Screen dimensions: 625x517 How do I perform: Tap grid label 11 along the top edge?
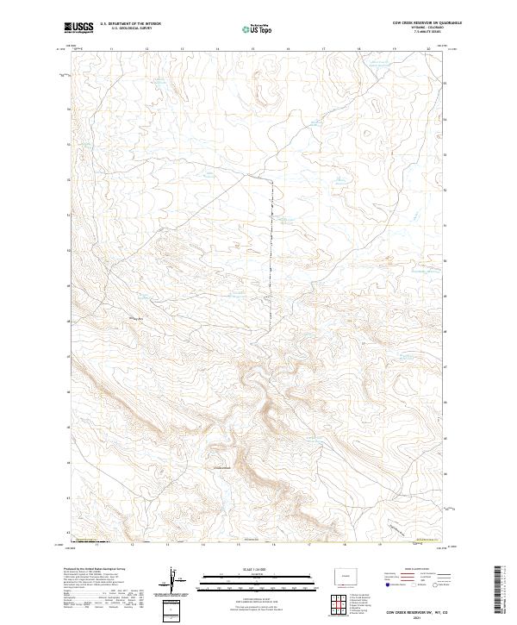(x=113, y=49)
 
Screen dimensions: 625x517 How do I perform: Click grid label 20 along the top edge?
(x=428, y=49)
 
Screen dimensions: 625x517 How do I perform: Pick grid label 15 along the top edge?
(x=252, y=49)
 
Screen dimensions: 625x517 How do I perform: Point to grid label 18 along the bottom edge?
(x=343, y=545)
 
